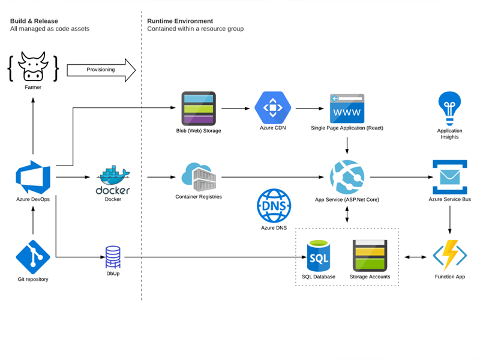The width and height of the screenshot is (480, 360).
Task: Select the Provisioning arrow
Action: (101, 70)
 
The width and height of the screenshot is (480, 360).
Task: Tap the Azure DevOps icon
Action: (33, 177)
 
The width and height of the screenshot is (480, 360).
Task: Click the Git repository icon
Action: (33, 257)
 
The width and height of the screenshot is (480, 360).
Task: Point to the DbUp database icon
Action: (113, 257)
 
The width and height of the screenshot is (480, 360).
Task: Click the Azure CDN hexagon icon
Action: (273, 108)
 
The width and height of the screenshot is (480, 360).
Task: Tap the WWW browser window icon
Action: (347, 108)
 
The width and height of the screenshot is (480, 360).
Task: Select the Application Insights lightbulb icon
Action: (449, 108)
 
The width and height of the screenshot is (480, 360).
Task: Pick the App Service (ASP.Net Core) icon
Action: (347, 176)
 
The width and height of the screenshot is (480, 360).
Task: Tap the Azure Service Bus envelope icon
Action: (449, 176)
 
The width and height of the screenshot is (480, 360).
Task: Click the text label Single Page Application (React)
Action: (347, 128)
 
